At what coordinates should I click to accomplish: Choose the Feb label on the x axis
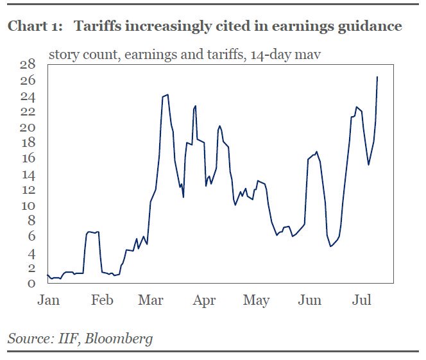103,300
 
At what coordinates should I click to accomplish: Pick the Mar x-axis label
151,300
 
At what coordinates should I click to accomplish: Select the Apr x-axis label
205,300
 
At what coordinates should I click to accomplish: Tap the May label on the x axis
257,300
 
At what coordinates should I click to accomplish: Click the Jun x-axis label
311,300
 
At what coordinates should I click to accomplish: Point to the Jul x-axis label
363,300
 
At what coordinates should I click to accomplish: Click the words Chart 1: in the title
35,26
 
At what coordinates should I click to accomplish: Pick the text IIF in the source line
67,338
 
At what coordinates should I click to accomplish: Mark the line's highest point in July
377,77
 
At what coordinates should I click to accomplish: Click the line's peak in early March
167,94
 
